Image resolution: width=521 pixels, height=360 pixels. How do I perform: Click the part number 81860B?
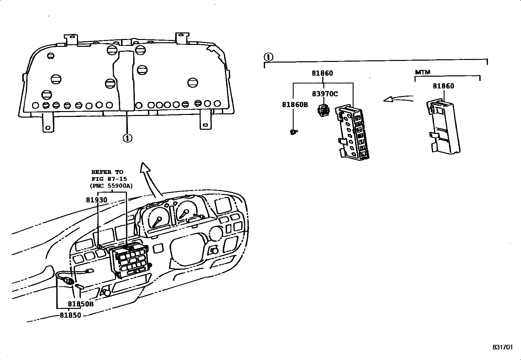295,104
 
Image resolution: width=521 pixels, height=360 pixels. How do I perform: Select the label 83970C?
325,94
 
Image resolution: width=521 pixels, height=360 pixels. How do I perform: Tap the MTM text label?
422,72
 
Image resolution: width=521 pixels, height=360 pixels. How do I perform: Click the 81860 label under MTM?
443,86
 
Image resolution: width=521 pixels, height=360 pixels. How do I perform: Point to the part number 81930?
97,199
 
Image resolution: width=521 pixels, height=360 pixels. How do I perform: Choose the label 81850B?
81,304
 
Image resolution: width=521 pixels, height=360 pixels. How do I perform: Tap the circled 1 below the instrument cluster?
127,138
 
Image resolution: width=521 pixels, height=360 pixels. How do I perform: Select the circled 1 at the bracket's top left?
268,57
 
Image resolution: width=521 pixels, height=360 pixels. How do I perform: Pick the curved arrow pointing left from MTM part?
398,98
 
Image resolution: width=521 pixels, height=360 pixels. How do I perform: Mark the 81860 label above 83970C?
322,73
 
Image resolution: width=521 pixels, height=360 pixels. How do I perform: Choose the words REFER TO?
107,172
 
